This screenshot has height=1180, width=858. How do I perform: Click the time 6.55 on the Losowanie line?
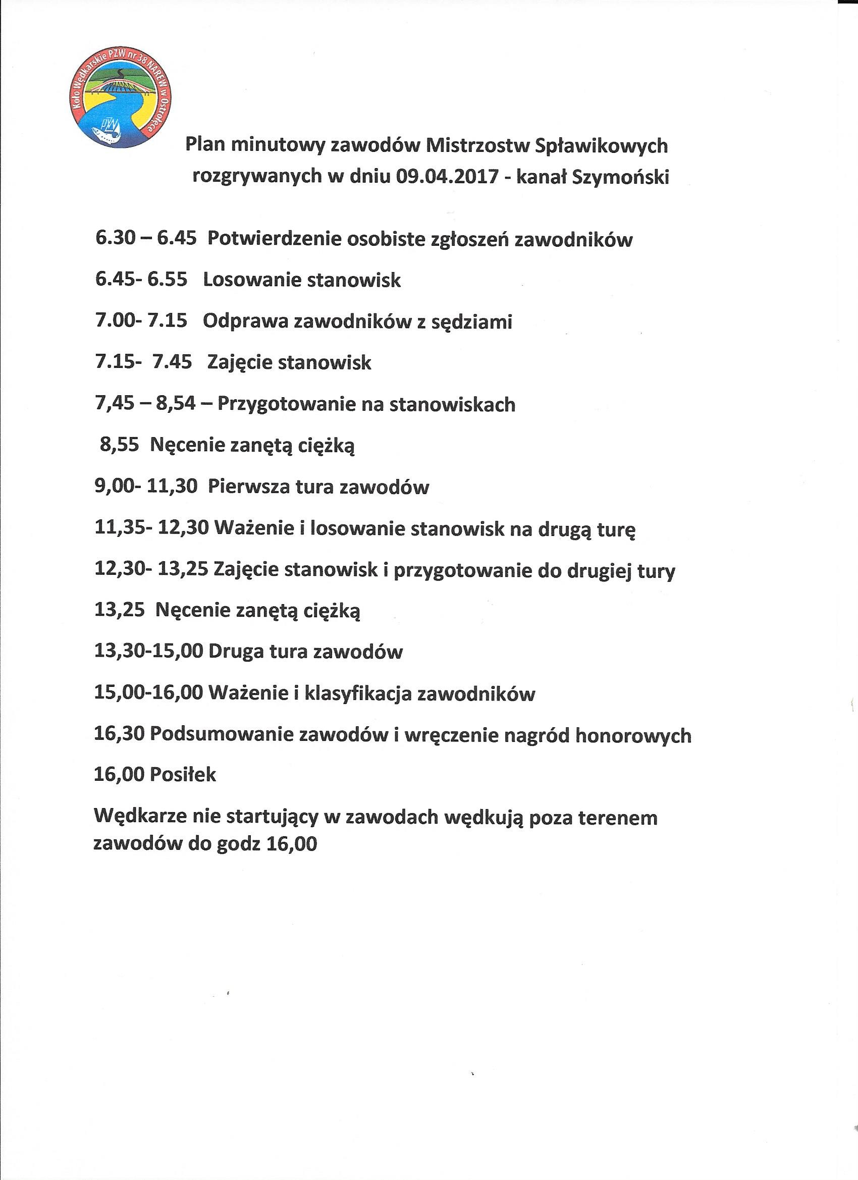[x=167, y=280]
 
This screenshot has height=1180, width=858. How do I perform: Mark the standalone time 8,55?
[x=119, y=445]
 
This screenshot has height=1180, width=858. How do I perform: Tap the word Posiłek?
[x=183, y=776]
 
